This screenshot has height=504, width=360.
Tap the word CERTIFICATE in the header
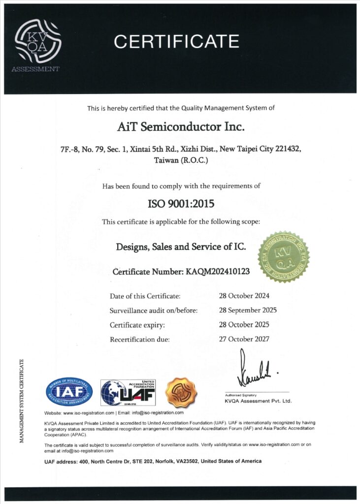176,41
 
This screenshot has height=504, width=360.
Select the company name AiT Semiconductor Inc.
181,127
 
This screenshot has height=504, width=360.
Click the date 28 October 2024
244,296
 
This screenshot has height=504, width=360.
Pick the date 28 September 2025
248,310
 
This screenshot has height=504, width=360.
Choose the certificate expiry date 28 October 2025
244,325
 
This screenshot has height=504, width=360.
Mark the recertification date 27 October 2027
244,339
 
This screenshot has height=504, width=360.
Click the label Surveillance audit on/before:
153,311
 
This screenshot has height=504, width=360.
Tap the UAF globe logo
128,392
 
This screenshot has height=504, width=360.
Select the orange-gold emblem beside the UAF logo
181,392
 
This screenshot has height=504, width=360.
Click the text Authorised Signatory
241,395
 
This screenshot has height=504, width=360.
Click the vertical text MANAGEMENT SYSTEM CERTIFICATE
22,401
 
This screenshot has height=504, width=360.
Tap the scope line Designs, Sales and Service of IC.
181,247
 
